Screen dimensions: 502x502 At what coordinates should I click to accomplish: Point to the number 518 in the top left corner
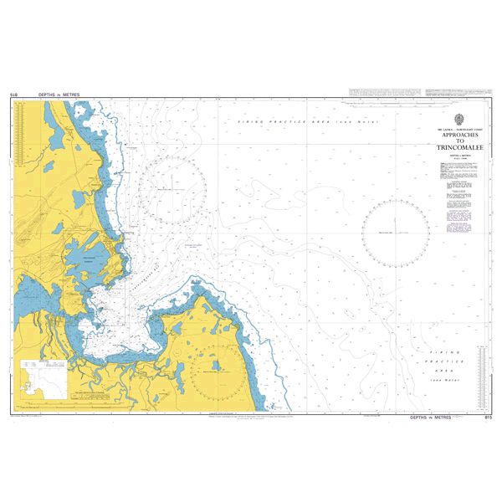tap(14, 95)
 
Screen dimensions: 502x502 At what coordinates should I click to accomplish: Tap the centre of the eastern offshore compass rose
tap(396, 232)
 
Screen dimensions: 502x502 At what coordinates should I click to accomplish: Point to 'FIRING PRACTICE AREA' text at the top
tap(284, 122)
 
